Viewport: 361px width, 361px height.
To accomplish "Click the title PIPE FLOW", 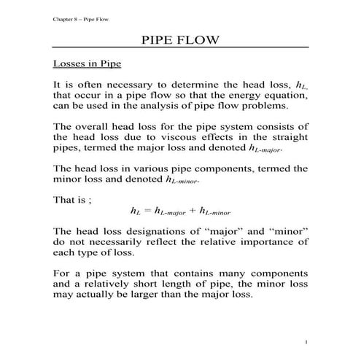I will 180,39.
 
